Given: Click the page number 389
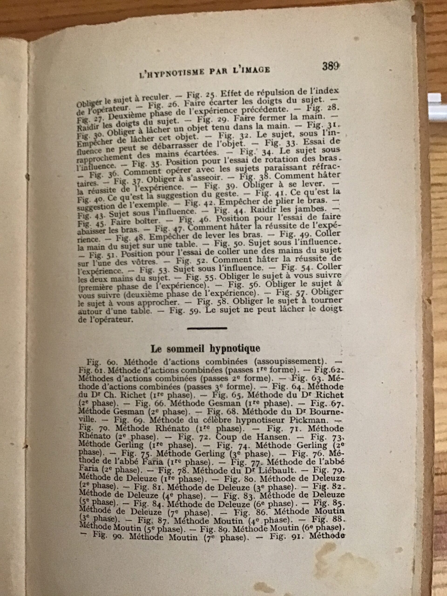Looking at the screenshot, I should (331, 67).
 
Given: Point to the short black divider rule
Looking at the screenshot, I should (207, 328).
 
